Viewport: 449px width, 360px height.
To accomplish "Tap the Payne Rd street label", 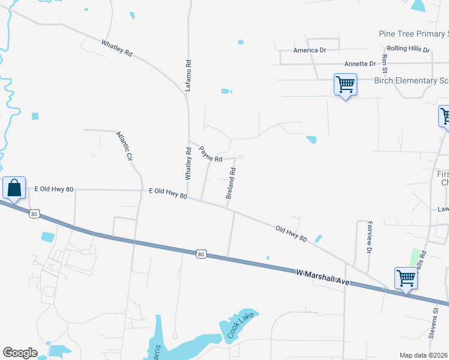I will click(211, 154).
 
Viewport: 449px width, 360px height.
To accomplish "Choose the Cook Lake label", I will click(241, 325).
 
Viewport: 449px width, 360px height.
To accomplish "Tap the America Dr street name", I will click(309, 50).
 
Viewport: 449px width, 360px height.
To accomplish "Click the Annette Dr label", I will click(360, 64).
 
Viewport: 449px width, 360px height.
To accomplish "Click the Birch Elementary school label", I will click(411, 80).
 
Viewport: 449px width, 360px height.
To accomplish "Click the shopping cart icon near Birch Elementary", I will click(345, 85).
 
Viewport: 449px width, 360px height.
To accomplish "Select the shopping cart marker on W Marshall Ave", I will click(406, 278).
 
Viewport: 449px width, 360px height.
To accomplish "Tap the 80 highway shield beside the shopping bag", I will click(34, 213).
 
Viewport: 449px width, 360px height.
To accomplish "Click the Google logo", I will click(20, 353).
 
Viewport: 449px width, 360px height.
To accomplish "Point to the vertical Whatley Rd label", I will click(188, 165).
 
